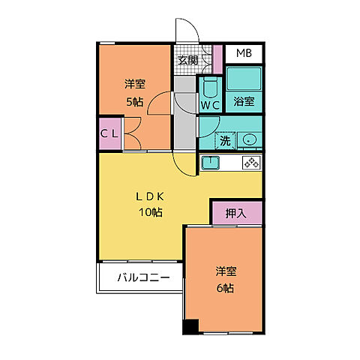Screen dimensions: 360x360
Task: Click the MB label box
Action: coord(244,54)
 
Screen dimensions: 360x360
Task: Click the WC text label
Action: coord(209,106)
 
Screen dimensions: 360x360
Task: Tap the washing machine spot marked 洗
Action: coord(224,140)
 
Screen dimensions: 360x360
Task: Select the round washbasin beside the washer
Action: coord(248,139)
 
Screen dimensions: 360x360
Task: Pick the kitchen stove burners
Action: coord(250,163)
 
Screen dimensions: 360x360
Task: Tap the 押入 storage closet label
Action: coord(236,213)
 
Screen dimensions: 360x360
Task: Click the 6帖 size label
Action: coord(223,289)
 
